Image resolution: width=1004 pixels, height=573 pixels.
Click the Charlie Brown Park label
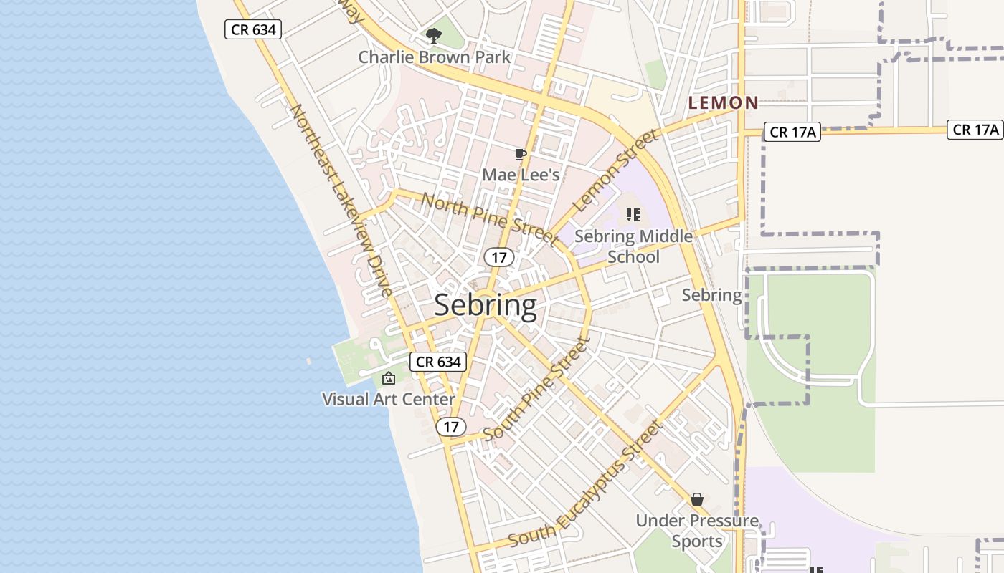click(x=435, y=57)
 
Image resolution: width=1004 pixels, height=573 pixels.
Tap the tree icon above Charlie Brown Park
click(x=433, y=35)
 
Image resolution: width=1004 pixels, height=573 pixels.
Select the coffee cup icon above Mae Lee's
click(x=521, y=154)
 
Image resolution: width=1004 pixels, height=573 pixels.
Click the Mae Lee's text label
click(x=521, y=174)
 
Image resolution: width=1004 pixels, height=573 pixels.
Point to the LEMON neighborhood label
click(x=723, y=103)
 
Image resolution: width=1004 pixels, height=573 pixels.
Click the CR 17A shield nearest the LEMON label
click(x=792, y=132)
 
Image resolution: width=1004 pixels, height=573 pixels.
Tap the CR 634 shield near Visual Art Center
click(x=439, y=362)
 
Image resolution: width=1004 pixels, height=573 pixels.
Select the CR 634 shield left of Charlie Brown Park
click(x=253, y=29)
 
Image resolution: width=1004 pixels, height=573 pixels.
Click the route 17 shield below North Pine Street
click(x=498, y=257)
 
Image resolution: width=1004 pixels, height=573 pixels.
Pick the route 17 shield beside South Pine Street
click(x=450, y=427)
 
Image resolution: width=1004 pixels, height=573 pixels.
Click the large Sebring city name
click(x=486, y=305)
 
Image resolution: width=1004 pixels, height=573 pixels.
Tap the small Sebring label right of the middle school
click(x=711, y=295)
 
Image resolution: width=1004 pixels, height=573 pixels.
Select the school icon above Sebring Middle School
click(x=633, y=214)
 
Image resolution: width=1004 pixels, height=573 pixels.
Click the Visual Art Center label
click(x=389, y=399)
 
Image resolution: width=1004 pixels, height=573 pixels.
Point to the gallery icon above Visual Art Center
click(x=389, y=378)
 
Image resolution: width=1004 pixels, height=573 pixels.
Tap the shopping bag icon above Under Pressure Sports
click(x=696, y=499)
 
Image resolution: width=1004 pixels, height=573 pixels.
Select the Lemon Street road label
click(x=616, y=170)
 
